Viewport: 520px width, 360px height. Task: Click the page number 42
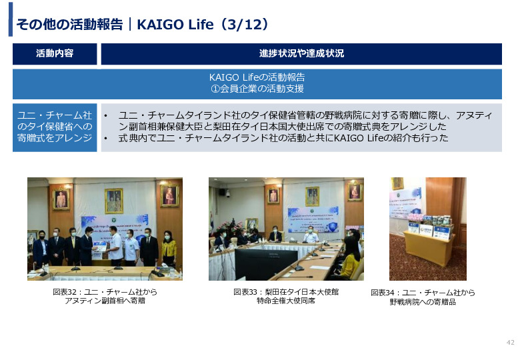click(510, 343)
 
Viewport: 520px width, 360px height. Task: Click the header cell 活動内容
click(55, 53)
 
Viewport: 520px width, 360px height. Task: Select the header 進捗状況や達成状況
click(301, 53)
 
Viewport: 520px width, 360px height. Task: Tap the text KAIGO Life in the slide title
click(175, 25)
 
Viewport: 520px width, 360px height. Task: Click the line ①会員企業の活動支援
click(257, 89)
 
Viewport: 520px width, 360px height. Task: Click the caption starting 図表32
click(105, 297)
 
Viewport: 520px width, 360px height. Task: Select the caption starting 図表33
click(286, 297)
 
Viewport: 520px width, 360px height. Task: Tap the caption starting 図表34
click(423, 297)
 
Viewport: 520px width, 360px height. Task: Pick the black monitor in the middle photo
click(266, 264)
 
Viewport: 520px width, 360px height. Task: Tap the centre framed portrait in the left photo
click(114, 201)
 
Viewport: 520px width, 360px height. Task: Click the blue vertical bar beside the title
click(11, 19)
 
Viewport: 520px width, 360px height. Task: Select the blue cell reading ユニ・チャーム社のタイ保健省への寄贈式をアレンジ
click(55, 127)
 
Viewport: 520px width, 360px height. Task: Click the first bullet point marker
click(106, 116)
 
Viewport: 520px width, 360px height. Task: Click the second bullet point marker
click(106, 138)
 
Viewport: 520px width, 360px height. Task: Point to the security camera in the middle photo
click(227, 193)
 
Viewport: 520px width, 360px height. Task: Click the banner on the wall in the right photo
click(405, 203)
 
